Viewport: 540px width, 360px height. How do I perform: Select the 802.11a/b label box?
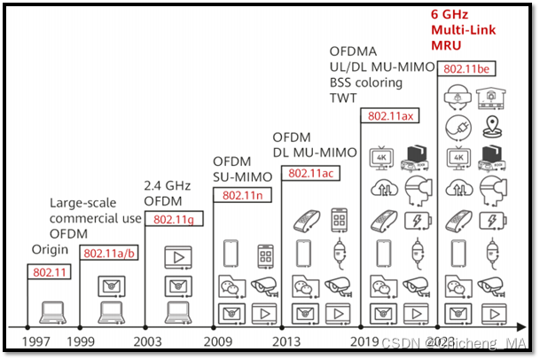click(x=109, y=253)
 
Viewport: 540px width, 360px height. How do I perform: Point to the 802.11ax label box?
click(x=389, y=115)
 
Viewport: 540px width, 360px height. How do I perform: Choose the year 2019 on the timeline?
click(x=365, y=341)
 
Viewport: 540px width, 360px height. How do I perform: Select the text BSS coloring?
click(x=365, y=82)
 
